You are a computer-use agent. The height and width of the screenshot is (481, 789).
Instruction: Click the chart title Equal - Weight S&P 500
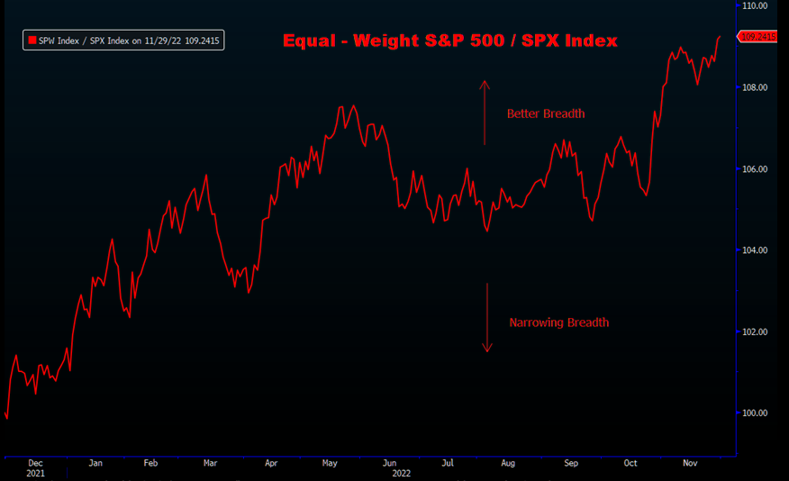pos(449,41)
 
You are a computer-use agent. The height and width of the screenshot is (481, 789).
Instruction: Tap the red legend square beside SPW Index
pos(32,41)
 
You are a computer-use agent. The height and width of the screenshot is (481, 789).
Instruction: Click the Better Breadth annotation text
pos(546,113)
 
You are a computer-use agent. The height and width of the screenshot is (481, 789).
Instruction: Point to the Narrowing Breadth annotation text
pos(558,322)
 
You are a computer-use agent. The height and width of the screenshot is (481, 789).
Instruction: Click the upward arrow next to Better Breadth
pos(485,113)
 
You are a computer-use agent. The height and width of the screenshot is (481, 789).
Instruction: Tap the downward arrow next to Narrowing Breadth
pos(486,317)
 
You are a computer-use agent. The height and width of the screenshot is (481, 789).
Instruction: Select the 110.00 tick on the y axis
pos(753,5)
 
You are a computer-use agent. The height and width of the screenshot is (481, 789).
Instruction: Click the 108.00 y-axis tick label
pos(753,87)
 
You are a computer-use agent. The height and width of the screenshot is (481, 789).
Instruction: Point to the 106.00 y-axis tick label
pos(753,169)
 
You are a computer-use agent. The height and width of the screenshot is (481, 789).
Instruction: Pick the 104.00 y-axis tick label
pos(753,250)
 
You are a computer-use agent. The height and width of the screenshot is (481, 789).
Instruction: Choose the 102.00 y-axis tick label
pos(753,331)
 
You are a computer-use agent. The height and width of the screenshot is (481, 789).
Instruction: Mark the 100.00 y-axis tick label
pos(753,413)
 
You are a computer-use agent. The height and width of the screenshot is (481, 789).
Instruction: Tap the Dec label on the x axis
pos(34,463)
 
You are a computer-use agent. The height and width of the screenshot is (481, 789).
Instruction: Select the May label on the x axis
pos(330,463)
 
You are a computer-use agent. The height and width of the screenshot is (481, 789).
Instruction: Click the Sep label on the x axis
pos(570,463)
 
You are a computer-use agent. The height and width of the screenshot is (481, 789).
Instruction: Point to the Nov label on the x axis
pos(690,463)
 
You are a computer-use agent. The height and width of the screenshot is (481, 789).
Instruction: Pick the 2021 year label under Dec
pos(34,473)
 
